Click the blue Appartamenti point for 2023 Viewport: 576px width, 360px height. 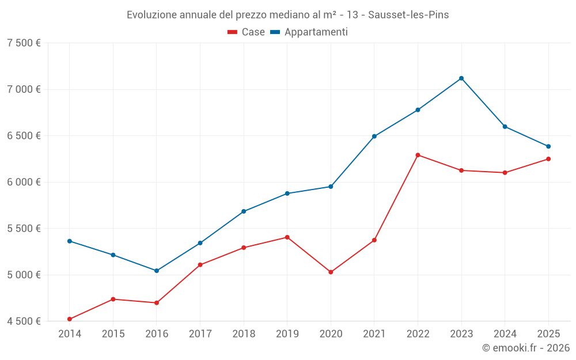pyautogui.click(x=461, y=78)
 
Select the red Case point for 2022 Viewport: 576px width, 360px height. pyautogui.click(x=418, y=155)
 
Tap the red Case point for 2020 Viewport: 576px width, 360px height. pyautogui.click(x=331, y=272)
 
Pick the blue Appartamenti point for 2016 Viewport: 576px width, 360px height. pyautogui.click(x=157, y=271)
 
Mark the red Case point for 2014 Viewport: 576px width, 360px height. pyautogui.click(x=70, y=319)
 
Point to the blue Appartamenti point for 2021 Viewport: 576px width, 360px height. pyautogui.click(x=374, y=137)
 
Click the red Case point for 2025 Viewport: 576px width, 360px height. pyautogui.click(x=548, y=159)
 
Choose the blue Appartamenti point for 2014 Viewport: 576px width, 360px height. pyautogui.click(x=70, y=241)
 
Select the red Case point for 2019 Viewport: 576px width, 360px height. pyautogui.click(x=287, y=237)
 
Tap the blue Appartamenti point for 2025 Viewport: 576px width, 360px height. pyautogui.click(x=548, y=146)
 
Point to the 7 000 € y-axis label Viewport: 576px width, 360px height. pyautogui.click(x=24, y=89)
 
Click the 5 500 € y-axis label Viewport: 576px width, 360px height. pyautogui.click(x=24, y=228)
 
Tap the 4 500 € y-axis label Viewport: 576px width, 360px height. pyautogui.click(x=24, y=321)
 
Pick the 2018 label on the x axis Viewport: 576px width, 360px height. pyautogui.click(x=244, y=334)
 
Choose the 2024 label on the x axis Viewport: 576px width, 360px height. pyautogui.click(x=505, y=334)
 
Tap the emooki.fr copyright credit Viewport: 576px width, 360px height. pyautogui.click(x=525, y=348)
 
